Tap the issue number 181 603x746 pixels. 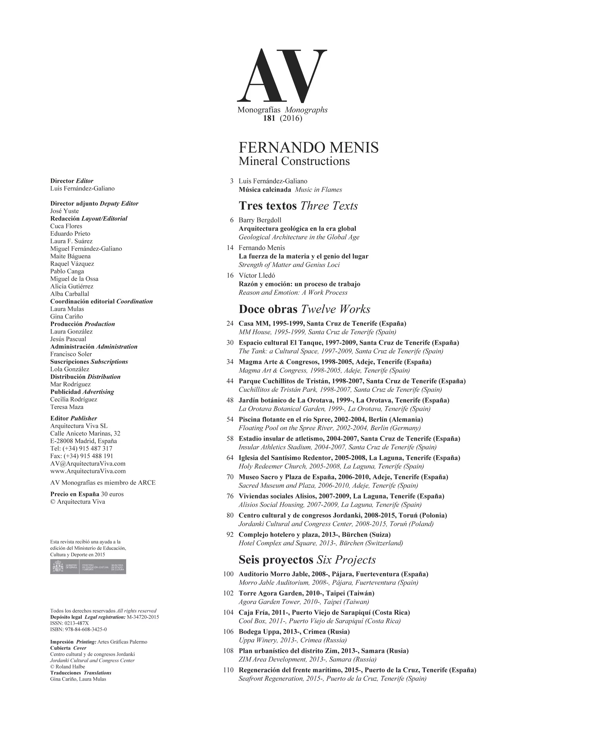[x=269, y=118]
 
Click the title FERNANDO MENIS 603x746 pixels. [x=308, y=148]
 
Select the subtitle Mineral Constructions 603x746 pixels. [x=294, y=161]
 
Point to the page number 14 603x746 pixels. [x=230, y=248]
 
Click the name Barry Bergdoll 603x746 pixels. [x=260, y=220]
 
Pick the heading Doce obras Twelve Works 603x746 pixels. [x=304, y=309]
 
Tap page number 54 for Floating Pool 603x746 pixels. [x=230, y=419]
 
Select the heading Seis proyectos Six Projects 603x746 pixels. [x=307, y=560]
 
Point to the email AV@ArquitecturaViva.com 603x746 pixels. [x=88, y=464]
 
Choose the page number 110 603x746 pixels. [x=228, y=670]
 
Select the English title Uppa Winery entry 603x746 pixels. [x=292, y=640]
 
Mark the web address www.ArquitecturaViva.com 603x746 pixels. [x=88, y=471]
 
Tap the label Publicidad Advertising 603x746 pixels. [x=82, y=392]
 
